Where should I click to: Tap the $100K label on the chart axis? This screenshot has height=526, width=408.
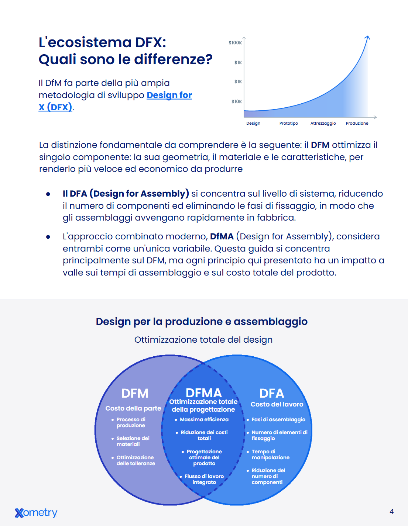[x=235, y=43]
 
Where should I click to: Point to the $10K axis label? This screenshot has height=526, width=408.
[x=236, y=102]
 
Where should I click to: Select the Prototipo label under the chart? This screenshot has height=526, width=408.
[x=289, y=123]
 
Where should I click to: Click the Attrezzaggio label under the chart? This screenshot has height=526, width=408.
[x=323, y=124]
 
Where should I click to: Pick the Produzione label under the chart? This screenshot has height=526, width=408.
[x=357, y=123]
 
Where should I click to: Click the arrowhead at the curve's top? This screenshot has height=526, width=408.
[x=368, y=37]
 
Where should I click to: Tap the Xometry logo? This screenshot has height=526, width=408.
[x=36, y=513]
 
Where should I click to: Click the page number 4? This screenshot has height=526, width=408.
[x=391, y=512]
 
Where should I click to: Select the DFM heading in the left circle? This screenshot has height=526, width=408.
[x=135, y=393]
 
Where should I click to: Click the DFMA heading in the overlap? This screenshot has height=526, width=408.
[x=204, y=393]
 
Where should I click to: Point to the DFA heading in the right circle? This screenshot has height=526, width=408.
[x=272, y=393]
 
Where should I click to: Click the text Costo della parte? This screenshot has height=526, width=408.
[x=133, y=408]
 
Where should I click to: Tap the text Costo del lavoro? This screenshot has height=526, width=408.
[x=277, y=404]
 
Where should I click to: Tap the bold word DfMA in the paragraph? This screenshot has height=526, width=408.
[x=222, y=236]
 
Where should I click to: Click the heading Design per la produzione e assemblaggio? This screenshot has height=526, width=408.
[x=202, y=322]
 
